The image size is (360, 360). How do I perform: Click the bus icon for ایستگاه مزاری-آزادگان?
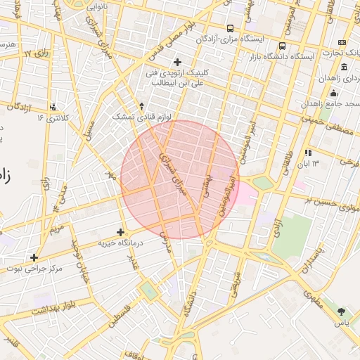[x=230, y=29]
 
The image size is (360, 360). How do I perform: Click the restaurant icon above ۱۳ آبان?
[x=308, y=153]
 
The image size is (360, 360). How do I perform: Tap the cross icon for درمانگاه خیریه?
[x=120, y=232]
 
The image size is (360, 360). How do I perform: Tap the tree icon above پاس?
[x=342, y=311]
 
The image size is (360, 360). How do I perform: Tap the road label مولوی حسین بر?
[x=330, y=204]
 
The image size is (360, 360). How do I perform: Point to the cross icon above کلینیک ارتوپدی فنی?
[x=177, y=63]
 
